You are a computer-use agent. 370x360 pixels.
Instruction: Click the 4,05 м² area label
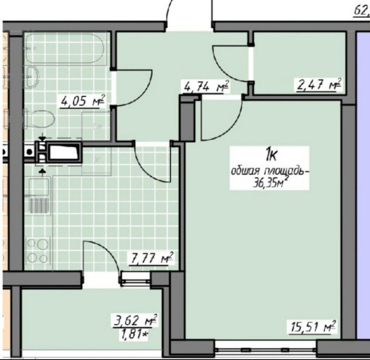click(83, 101)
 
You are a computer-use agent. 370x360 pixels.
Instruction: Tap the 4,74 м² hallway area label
click(206, 87)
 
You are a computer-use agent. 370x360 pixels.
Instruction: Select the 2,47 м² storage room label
click(319, 85)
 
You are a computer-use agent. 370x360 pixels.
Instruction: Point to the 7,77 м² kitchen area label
click(151, 259)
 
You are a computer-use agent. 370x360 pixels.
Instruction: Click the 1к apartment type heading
click(271, 156)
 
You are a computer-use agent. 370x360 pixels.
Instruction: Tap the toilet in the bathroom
click(40, 119)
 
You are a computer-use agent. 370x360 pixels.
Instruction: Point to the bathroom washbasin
click(32, 77)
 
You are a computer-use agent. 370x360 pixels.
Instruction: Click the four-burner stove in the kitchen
click(37, 251)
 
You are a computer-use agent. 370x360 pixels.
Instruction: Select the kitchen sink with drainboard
click(39, 196)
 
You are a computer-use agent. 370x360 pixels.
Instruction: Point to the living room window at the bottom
click(266, 347)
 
